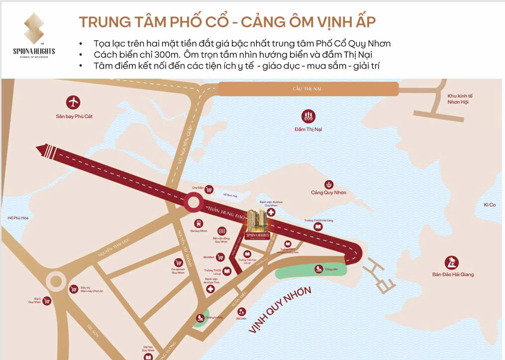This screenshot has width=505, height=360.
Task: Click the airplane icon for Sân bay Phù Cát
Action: pyautogui.click(x=74, y=103)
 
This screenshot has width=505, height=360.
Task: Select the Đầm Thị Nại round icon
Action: pyautogui.click(x=308, y=117)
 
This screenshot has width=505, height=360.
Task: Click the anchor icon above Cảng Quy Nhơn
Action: pyautogui.click(x=328, y=185)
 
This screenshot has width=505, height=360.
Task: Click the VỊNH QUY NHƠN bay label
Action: pyautogui.click(x=280, y=310)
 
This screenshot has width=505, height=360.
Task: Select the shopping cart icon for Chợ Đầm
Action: pyautogui.click(x=209, y=189)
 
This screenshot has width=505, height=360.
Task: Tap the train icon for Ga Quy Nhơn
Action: pyautogui.click(x=199, y=224)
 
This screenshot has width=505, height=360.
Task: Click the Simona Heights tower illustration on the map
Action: pyautogui.click(x=258, y=219)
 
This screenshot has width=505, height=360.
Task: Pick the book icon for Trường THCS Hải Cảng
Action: pyautogui.click(x=318, y=227)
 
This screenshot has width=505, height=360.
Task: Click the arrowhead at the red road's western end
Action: pyautogui.click(x=41, y=148)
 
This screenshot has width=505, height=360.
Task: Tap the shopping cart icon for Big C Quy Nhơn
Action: pyautogui.click(x=47, y=301)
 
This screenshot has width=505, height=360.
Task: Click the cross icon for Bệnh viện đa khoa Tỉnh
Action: pyautogui.click(x=211, y=289)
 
